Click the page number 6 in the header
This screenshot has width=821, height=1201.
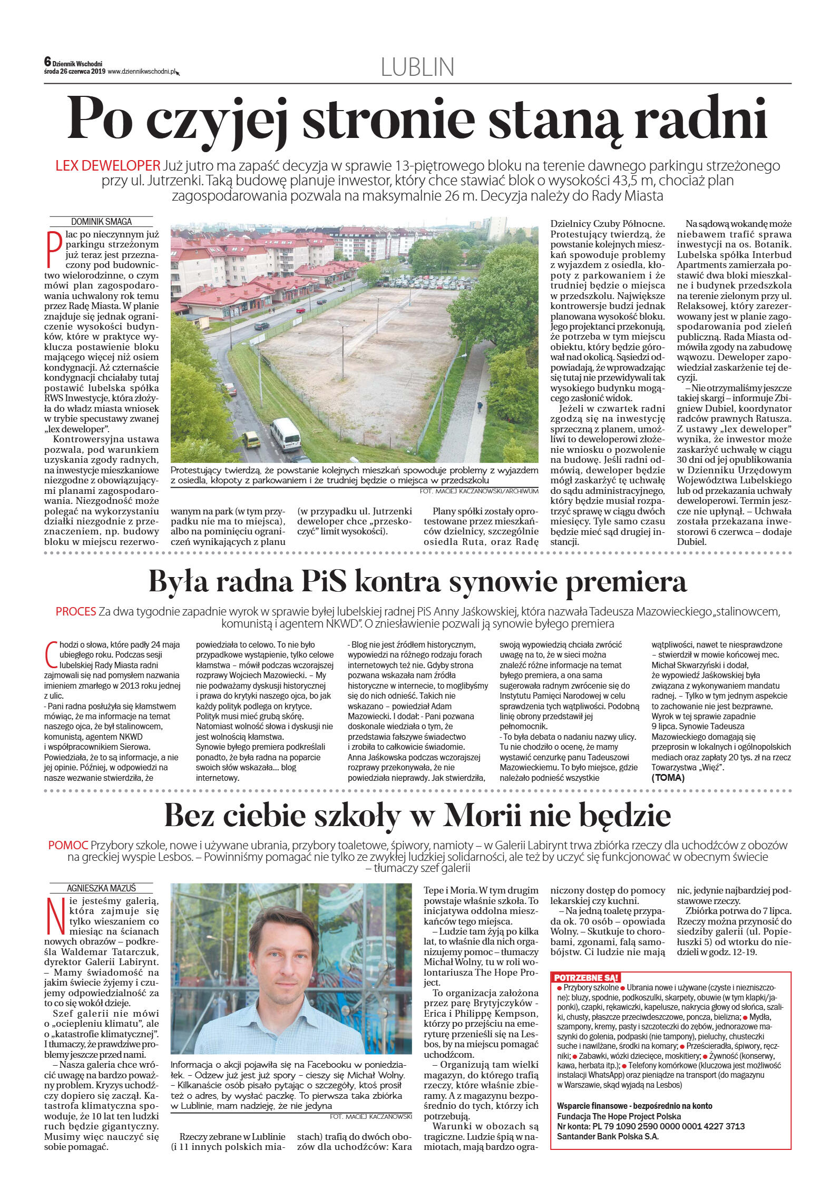tap(47, 62)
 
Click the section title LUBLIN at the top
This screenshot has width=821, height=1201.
tap(417, 67)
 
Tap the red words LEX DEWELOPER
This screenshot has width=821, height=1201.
tap(107, 165)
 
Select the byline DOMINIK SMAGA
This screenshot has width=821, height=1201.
tap(101, 222)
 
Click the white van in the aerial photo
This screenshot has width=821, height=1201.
tap(286, 434)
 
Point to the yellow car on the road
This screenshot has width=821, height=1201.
tap(251, 439)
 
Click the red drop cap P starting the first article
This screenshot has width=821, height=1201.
tap(52, 248)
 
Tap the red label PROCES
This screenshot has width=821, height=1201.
tap(76, 611)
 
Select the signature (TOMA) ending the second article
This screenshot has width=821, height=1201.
tap(668, 778)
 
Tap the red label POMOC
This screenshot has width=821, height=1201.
tap(68, 845)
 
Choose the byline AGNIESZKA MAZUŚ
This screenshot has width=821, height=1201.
tap(101, 888)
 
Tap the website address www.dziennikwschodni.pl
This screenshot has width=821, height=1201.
tap(141, 72)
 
